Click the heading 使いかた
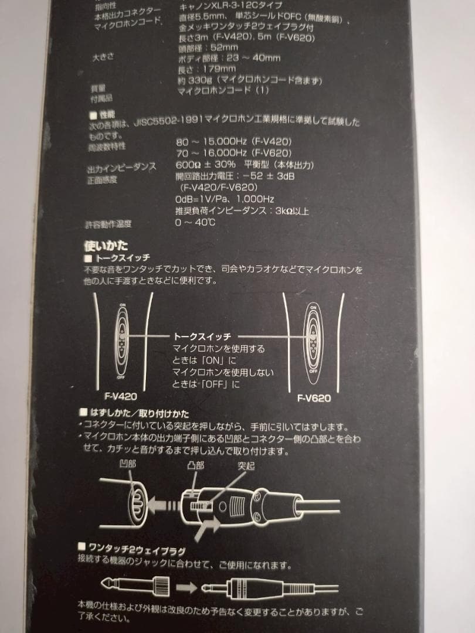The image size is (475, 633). (106, 246)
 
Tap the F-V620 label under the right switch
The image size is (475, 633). (314, 398)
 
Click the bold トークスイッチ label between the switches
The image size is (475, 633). (202, 336)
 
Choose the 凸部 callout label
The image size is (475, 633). (195, 465)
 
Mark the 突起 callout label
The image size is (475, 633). (247, 467)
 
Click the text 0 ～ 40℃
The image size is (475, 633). (195, 223)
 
